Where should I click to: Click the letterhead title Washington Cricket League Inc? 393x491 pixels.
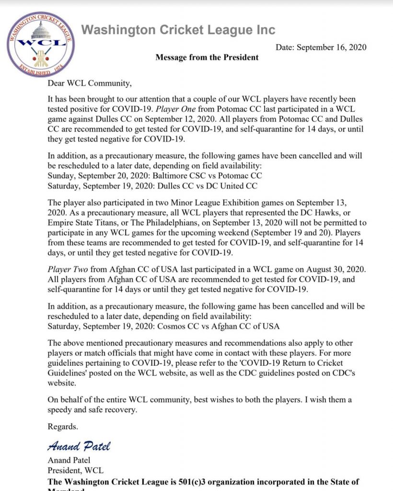click(x=178, y=30)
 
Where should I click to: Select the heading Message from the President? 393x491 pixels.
click(x=207, y=58)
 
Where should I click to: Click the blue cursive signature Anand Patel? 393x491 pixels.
click(x=80, y=446)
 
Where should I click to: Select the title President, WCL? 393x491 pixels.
click(x=75, y=470)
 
